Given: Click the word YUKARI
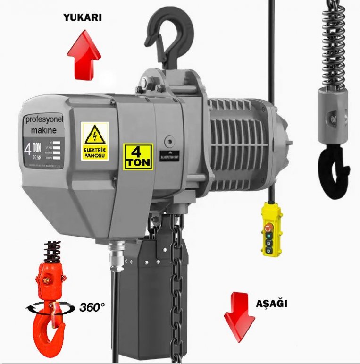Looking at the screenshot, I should [x=83, y=18].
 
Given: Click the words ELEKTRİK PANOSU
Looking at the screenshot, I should [x=95, y=152].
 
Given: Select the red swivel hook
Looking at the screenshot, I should [x=49, y=302].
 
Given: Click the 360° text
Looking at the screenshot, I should [x=92, y=307].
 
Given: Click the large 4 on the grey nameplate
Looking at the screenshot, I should [x=29, y=149].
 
